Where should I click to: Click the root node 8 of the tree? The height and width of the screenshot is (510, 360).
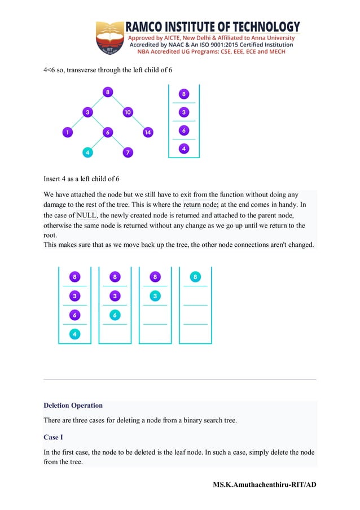[107, 92]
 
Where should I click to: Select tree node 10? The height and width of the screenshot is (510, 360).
[128, 112]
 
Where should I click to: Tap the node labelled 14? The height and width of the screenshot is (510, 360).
[148, 133]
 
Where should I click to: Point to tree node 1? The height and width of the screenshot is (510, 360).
[67, 133]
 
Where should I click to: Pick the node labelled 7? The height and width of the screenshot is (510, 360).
[128, 152]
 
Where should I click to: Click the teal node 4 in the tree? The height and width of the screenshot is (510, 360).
[87, 152]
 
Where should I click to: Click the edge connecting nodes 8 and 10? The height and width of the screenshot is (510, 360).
[117, 102]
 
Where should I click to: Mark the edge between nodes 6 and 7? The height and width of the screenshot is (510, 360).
[118, 142]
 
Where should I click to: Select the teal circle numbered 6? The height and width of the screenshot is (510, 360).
[115, 315]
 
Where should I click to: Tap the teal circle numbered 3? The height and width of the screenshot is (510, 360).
[155, 295]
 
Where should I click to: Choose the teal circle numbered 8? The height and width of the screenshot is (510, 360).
[195, 277]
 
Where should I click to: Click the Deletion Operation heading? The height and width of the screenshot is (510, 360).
[73, 406]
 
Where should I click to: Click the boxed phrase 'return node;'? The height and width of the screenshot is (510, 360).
[201, 204]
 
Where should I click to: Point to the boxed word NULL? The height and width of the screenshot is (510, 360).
[86, 215]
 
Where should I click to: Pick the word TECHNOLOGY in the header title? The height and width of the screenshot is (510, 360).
[265, 27]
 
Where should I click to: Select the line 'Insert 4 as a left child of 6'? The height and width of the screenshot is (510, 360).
[82, 179]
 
